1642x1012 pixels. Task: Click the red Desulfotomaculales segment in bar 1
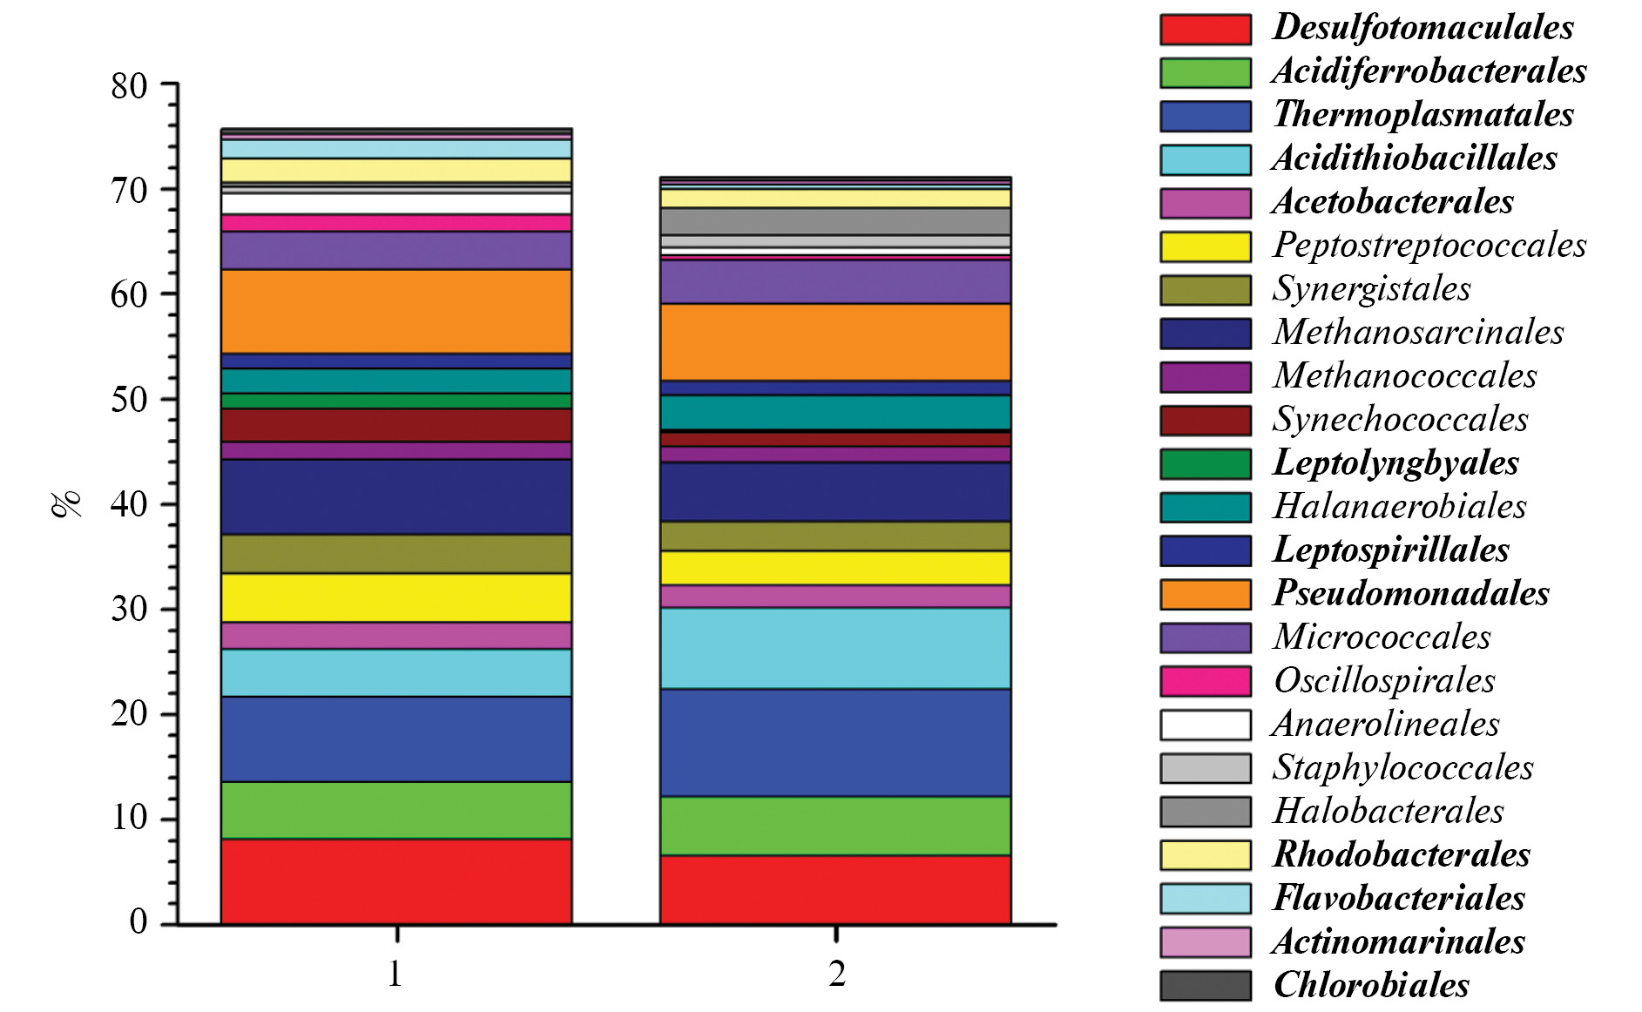[396, 880]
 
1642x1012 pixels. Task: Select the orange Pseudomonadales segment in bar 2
[835, 342]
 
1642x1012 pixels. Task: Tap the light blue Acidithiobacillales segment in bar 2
[835, 648]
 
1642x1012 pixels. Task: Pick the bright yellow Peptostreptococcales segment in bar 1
[396, 597]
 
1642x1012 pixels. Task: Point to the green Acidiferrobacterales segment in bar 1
[396, 810]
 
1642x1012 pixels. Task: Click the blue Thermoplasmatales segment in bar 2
[835, 743]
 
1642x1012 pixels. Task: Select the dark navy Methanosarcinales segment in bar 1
[396, 496]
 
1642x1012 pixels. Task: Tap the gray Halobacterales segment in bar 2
[835, 221]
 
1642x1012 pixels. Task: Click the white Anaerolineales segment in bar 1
[396, 204]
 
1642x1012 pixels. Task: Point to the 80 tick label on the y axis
[129, 86]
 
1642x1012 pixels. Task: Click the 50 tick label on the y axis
[129, 400]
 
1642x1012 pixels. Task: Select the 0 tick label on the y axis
[139, 921]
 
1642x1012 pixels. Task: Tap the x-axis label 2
[836, 974]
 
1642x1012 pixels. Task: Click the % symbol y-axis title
[66, 503]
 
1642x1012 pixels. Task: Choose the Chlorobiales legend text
[1371, 985]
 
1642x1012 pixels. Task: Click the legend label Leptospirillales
[1391, 550]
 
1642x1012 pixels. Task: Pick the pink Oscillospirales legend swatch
[1206, 681]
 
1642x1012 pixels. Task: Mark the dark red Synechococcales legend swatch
[1206, 421]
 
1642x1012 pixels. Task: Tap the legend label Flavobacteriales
[1399, 898]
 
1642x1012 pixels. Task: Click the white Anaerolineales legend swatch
[1206, 725]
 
